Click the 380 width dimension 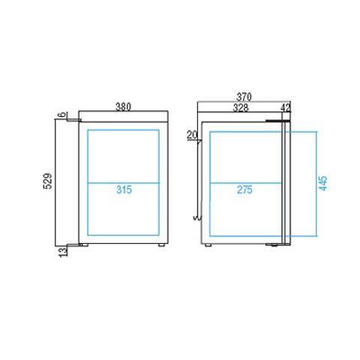coord(123,106)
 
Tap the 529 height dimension coord(48,181)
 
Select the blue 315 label coord(124,190)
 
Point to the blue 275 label coord(244,190)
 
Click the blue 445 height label coord(323,184)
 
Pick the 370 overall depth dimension coord(244,97)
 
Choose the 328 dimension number coord(241,108)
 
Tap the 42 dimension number coord(286,108)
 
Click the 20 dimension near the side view coord(192,135)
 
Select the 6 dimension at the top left coord(62,115)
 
